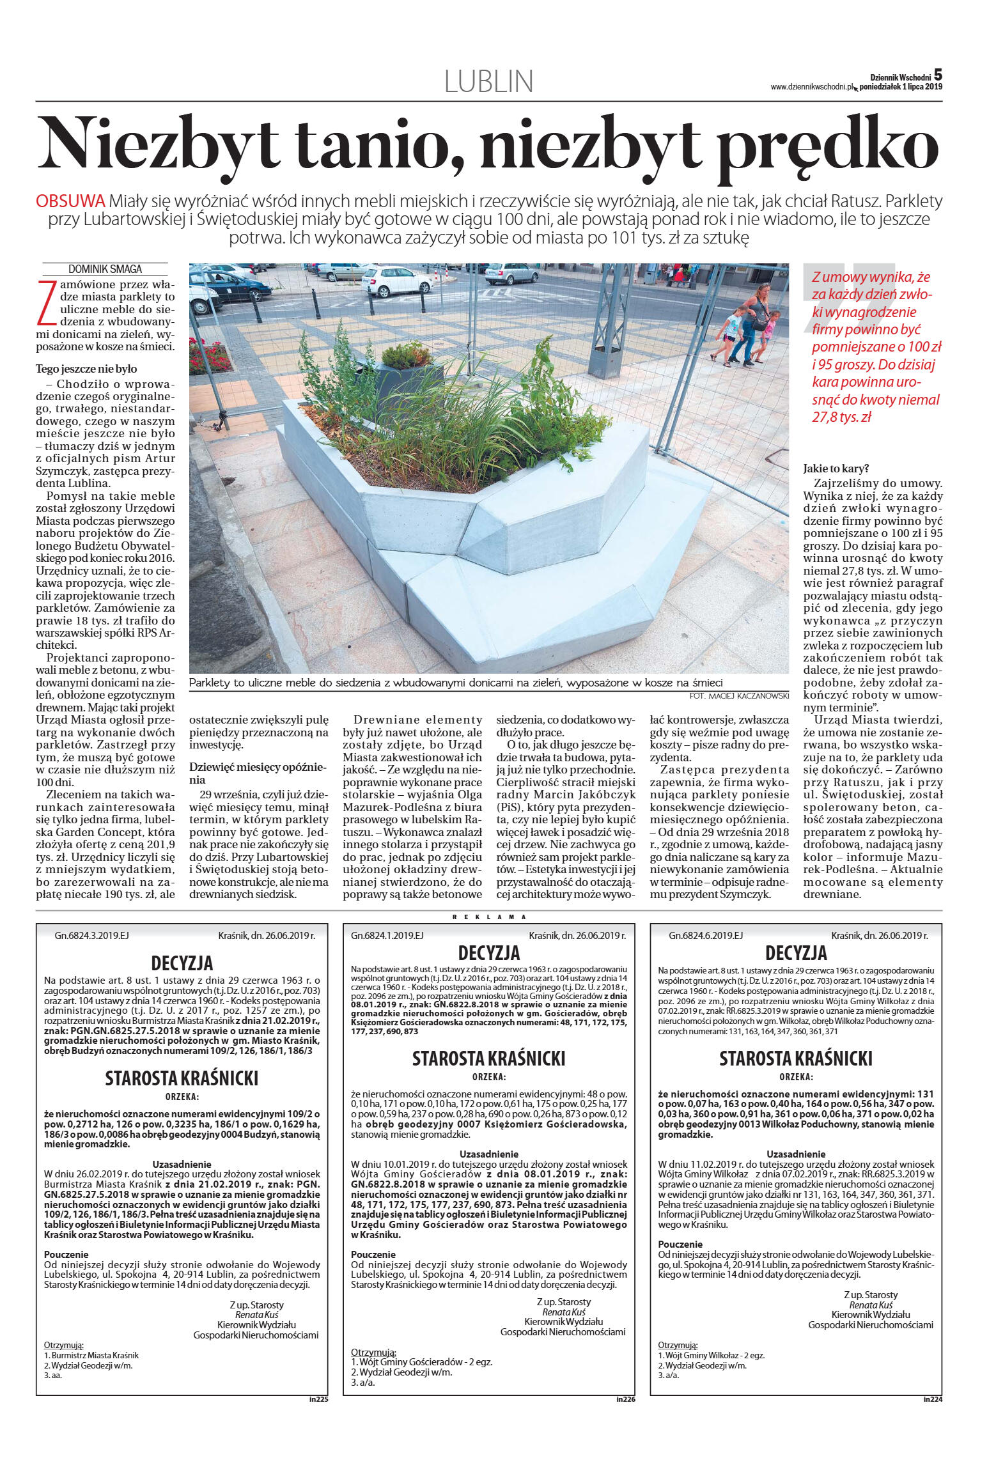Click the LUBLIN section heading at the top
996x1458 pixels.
[x=488, y=81]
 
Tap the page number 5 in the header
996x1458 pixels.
[x=938, y=75]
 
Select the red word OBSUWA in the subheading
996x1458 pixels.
[x=70, y=201]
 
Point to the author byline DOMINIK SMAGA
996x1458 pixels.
[x=105, y=269]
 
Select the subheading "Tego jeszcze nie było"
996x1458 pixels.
[x=86, y=369]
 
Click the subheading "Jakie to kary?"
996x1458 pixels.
[x=836, y=469]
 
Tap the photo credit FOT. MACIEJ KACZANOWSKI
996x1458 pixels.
[x=739, y=695]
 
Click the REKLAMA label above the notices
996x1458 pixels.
[x=489, y=917]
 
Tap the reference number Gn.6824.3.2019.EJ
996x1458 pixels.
[x=91, y=935]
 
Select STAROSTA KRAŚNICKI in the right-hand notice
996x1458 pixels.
[x=796, y=1059]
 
